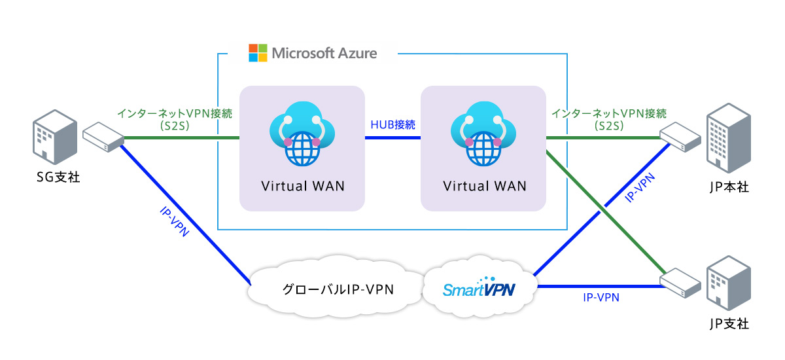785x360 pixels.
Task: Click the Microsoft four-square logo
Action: pyautogui.click(x=258, y=53)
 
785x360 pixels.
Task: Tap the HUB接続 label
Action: pyautogui.click(x=392, y=124)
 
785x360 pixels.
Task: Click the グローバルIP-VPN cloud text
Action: pyautogui.click(x=338, y=289)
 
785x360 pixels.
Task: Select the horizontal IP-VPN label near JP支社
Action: pyautogui.click(x=601, y=298)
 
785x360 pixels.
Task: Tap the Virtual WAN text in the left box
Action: pyautogui.click(x=302, y=186)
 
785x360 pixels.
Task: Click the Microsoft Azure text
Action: pyautogui.click(x=324, y=53)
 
